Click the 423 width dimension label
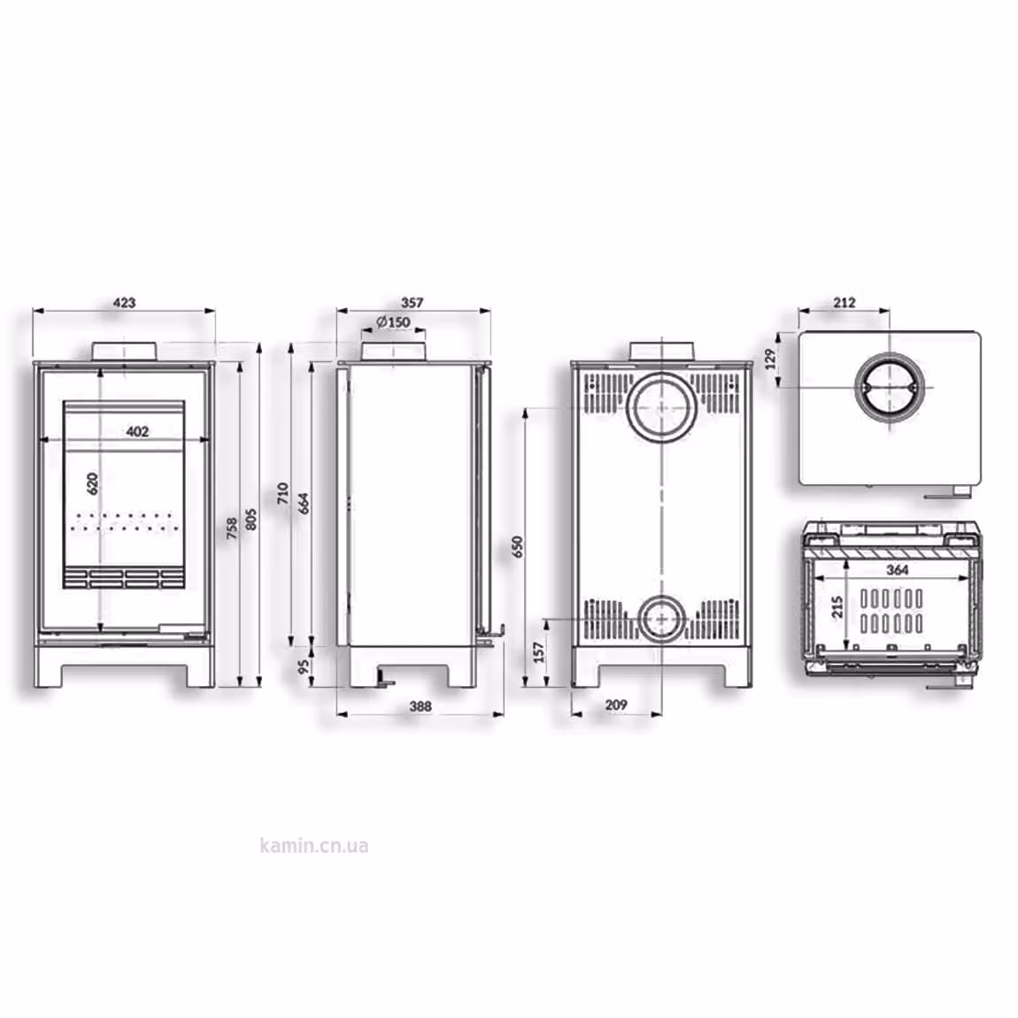pos(124,303)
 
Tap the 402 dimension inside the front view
pos(137,431)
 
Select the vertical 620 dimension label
pos(93,483)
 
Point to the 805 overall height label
pos(251,520)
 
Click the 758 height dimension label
pos(232,528)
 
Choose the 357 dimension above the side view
pos(412,303)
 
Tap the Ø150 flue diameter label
pos(393,322)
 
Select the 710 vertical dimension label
pos(282,493)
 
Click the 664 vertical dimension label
pos(304,504)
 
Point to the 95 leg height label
pos(304,667)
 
